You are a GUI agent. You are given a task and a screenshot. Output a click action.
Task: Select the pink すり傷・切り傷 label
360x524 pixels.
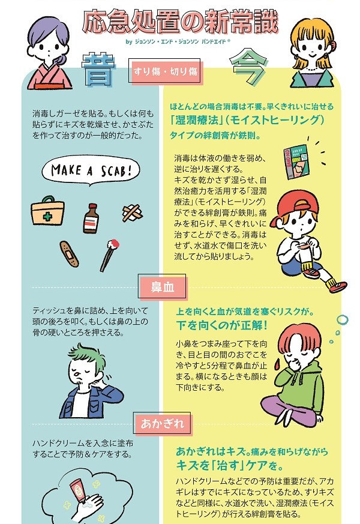pyautogui.click(x=166, y=71)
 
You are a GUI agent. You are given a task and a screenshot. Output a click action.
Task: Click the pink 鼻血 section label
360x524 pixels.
pyautogui.click(x=163, y=287)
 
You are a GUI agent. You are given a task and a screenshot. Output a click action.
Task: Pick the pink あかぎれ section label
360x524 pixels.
pyautogui.click(x=163, y=423)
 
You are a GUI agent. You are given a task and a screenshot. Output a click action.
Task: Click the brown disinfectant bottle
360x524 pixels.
pyautogui.click(x=91, y=218)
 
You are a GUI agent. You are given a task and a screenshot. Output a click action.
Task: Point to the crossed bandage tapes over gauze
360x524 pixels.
pyautogui.click(x=132, y=212)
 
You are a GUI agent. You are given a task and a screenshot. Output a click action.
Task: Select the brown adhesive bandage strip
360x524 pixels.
pyautogui.click(x=70, y=254)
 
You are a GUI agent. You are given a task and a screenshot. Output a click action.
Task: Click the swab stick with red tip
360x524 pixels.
pyautogui.click(x=110, y=255)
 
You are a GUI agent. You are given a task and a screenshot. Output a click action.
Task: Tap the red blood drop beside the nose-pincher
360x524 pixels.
pyautogui.click(x=277, y=364)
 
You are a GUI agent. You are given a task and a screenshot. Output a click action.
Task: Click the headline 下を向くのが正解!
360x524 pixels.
pyautogui.click(x=222, y=325)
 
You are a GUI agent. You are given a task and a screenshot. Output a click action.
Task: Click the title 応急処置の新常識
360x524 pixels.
pyautogui.click(x=180, y=22)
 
